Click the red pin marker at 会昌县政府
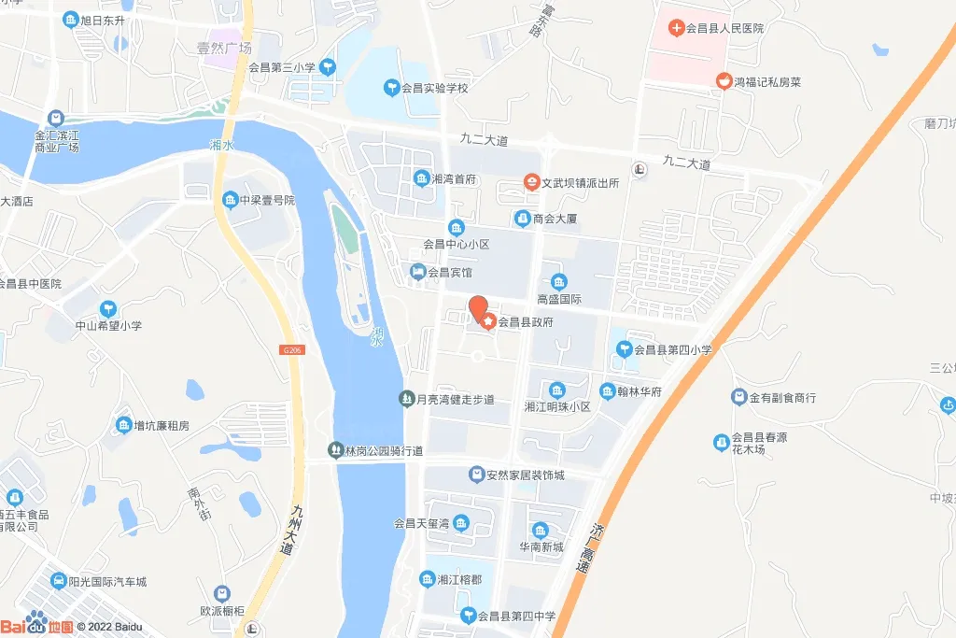[477, 307]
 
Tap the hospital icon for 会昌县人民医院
[675, 28]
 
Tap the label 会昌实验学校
[434, 88]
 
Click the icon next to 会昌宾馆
[418, 272]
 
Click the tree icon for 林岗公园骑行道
[336, 451]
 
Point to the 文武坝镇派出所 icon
[531, 183]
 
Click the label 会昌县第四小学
[673, 350]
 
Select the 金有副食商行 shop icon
[739, 397]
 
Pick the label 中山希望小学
[108, 326]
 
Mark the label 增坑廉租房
[162, 426]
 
